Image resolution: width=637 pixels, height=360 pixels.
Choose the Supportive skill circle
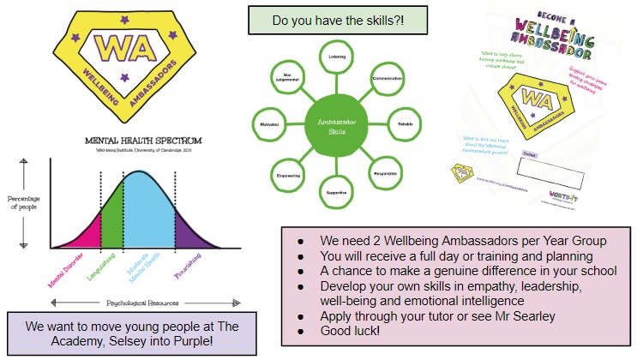[x=336, y=190]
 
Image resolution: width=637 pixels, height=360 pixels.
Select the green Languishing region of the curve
[x=112, y=214]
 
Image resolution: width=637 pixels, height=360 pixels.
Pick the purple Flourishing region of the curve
[x=190, y=231]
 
